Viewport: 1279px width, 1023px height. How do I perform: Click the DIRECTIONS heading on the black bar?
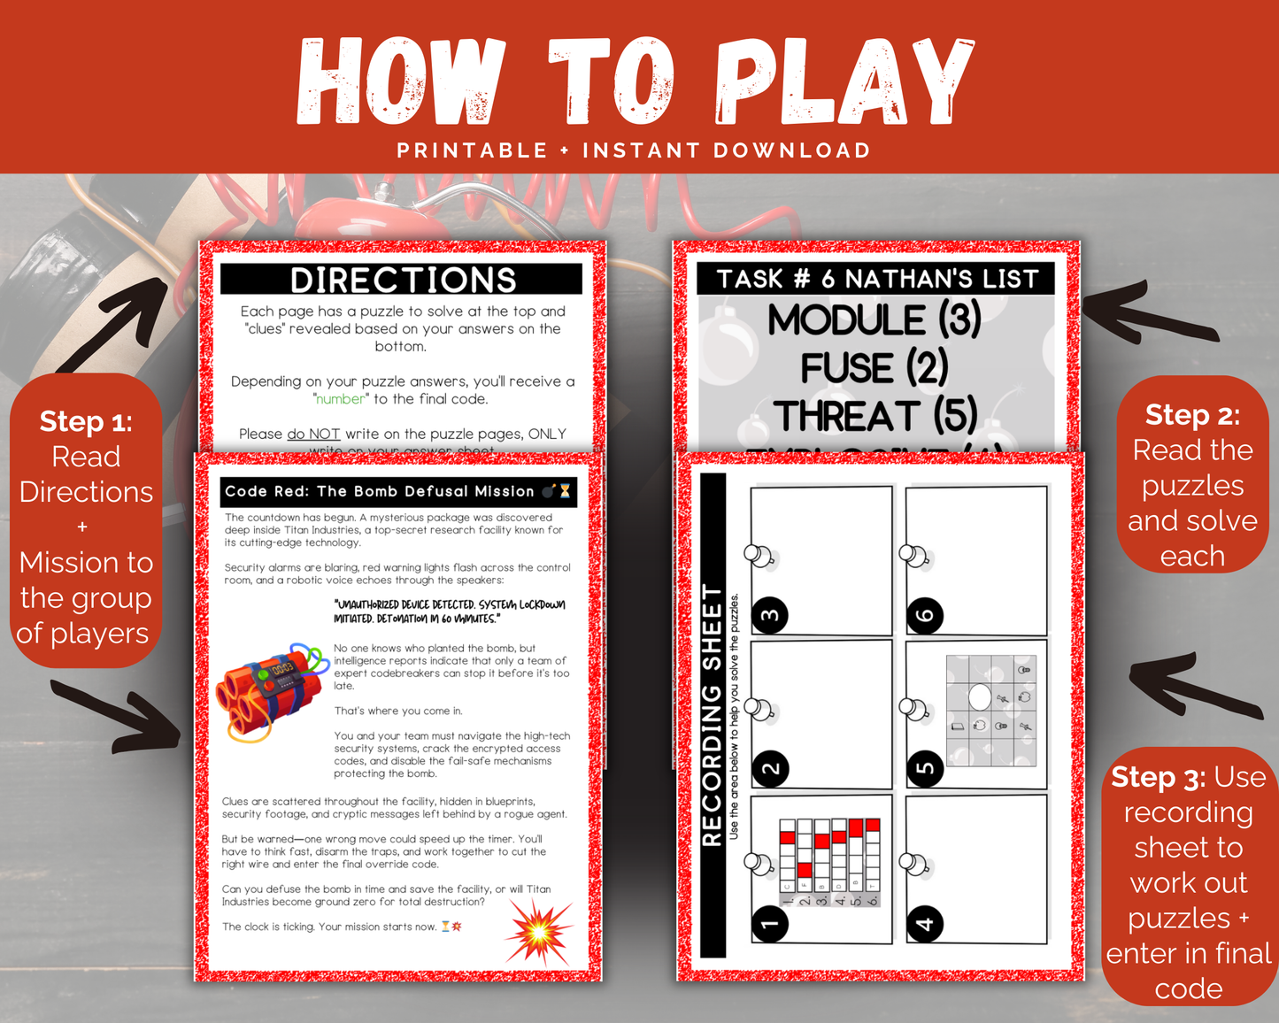tap(403, 280)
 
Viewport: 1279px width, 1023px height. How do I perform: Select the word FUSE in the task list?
tap(847, 368)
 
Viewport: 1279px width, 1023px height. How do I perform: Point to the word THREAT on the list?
tap(847, 416)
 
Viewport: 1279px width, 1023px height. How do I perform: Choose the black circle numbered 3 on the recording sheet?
tap(770, 615)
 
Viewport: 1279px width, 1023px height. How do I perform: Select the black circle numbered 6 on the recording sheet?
tap(925, 615)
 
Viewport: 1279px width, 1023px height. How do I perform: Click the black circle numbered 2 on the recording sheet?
tap(770, 768)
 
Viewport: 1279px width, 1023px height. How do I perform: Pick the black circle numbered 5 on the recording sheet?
tap(925, 768)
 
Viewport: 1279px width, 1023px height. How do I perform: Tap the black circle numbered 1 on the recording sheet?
tap(770, 924)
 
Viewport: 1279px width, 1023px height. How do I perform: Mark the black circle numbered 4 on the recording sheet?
tap(925, 924)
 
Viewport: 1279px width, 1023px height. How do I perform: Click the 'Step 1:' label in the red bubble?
tap(86, 421)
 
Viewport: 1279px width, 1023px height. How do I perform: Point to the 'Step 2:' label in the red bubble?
tap(1192, 415)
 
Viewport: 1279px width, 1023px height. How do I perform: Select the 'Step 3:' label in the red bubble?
tap(1158, 777)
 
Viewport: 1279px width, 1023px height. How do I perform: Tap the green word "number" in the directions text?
tap(341, 399)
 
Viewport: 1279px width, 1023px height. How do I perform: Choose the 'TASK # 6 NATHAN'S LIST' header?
tap(876, 279)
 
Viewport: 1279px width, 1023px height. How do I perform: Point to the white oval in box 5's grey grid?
tap(980, 697)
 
